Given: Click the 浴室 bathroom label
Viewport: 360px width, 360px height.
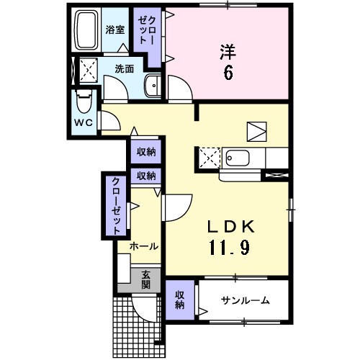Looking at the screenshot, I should click(x=115, y=30).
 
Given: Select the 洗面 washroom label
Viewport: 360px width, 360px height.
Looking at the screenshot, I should click(x=124, y=69).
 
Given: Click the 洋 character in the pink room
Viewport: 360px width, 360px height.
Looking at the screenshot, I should click(x=228, y=51).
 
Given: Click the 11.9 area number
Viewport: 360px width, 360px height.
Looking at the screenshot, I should click(x=230, y=248).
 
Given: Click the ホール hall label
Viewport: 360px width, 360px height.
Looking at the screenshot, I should click(x=143, y=246).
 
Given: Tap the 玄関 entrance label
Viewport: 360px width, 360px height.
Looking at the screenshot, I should click(x=145, y=279).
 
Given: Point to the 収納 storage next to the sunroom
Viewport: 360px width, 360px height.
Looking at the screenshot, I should click(x=179, y=299).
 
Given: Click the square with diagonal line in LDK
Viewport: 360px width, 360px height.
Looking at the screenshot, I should click(x=256, y=130).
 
